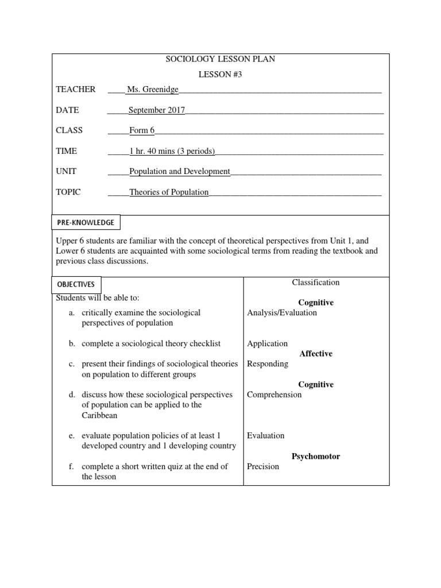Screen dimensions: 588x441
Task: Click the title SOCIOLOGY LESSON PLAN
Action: click(220, 60)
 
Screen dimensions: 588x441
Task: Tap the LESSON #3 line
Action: click(220, 75)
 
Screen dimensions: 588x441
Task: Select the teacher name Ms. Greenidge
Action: click(153, 90)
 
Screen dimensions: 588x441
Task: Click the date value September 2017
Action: click(157, 110)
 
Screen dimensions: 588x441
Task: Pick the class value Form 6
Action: click(142, 130)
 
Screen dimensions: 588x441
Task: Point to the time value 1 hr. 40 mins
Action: click(172, 151)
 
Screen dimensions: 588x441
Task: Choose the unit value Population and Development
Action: click(180, 171)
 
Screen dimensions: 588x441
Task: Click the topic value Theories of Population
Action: click(169, 192)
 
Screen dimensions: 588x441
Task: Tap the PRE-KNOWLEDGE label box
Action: click(86, 222)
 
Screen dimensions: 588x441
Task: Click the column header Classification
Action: click(316, 283)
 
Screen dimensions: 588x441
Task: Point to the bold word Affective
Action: click(316, 354)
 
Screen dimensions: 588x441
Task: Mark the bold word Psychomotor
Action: click(316, 457)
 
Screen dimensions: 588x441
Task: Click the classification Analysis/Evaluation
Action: click(282, 313)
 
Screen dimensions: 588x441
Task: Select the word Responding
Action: click(268, 364)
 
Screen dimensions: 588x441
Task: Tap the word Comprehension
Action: click(274, 395)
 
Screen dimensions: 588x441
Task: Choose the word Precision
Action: click(263, 467)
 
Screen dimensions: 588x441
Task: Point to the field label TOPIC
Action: click(68, 192)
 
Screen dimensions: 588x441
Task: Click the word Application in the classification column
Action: click(268, 344)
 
